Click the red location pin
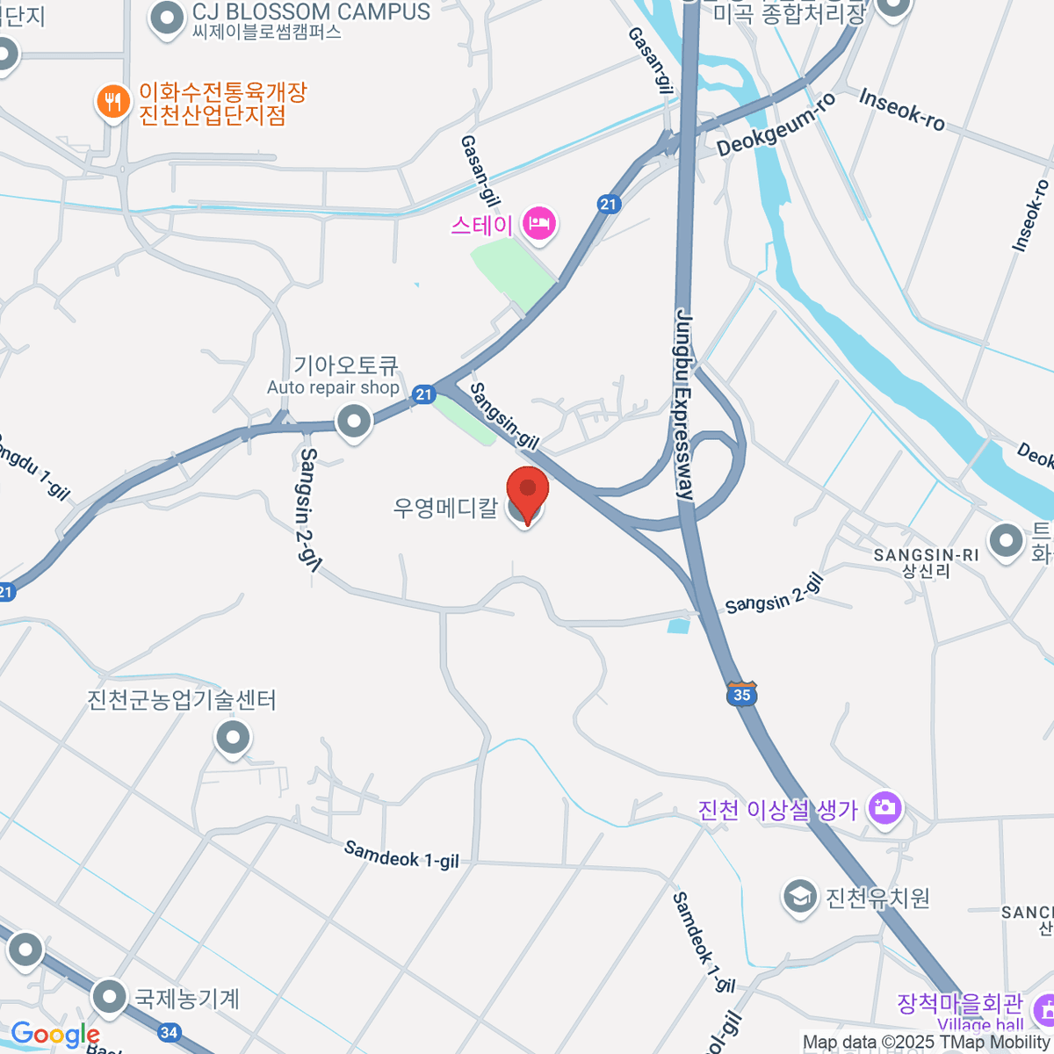[527, 492]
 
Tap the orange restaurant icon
[112, 103]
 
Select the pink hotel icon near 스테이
[538, 223]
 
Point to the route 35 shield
[742, 694]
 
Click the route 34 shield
[170, 1032]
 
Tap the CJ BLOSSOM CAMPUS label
[311, 12]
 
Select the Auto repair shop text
[333, 387]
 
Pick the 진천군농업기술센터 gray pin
[233, 738]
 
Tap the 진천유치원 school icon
[799, 898]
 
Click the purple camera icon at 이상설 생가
[884, 807]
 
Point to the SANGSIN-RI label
[926, 555]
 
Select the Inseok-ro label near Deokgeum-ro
[902, 109]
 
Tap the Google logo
[54, 1034]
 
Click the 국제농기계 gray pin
[110, 997]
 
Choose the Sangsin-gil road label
[504, 417]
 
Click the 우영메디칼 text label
[445, 507]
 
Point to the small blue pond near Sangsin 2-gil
[677, 626]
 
